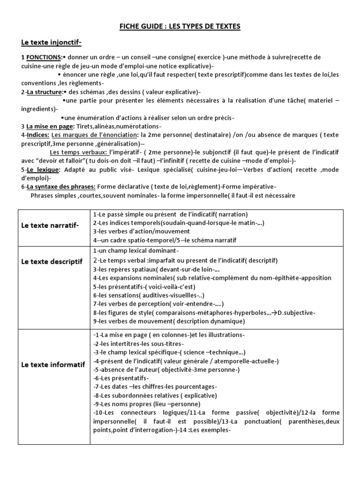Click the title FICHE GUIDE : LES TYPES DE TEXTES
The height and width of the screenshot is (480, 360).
[180, 27]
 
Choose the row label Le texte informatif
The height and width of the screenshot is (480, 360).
[53, 364]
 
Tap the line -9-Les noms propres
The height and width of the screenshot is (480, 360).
[147, 404]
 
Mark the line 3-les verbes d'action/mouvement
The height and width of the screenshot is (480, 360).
[142, 232]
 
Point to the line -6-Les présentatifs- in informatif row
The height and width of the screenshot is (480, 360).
[121, 378]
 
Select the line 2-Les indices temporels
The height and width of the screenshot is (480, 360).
[179, 223]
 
